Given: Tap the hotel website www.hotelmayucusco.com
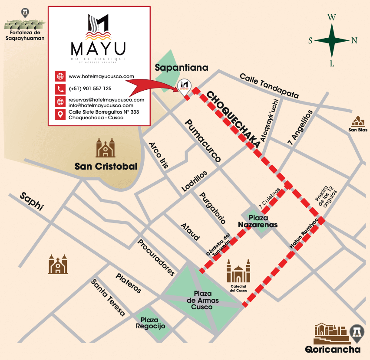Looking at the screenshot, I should click(101, 76).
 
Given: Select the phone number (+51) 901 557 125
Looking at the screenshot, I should click(90, 88).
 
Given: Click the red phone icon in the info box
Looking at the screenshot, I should click(60, 89).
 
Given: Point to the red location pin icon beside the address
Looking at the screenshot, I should click(60, 115).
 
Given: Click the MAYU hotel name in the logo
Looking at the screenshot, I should click(98, 47).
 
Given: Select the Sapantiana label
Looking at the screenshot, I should click(182, 68).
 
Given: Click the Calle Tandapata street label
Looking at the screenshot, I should click(269, 85).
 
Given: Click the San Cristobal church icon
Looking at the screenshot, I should click(106, 148).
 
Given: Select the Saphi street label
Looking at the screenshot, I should click(32, 201).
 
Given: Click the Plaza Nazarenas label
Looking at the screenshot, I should click(258, 221).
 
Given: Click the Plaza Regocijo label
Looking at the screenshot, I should click(150, 323).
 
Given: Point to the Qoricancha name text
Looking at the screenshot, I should click(332, 350).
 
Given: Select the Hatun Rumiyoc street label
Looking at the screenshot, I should click(304, 233).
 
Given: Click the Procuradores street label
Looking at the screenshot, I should click(156, 257).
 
